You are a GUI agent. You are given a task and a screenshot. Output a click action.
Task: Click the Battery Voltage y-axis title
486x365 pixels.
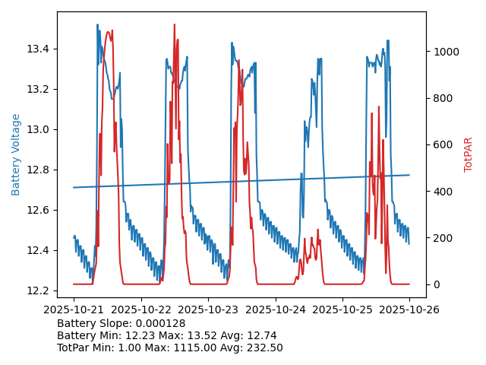click(16, 154)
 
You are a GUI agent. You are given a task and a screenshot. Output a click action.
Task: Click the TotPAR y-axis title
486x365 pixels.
click(469, 154)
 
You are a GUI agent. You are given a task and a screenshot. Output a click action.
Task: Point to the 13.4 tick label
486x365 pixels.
click(37, 49)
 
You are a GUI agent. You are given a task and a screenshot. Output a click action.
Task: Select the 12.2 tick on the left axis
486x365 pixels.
click(37, 291)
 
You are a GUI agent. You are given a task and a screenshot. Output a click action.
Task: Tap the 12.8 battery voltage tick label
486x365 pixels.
click(37, 170)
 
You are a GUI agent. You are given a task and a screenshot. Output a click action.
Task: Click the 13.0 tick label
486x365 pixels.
click(37, 130)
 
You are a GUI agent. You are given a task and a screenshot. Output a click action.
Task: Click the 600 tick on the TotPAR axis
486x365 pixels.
click(441, 144)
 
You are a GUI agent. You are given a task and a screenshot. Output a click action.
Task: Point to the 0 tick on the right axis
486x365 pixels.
click(435, 284)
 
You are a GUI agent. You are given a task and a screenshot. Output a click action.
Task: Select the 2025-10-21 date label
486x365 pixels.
click(74, 309)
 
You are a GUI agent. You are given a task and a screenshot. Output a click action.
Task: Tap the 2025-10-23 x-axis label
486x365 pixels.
click(208, 309)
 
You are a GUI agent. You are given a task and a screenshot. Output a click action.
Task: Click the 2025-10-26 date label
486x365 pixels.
click(409, 309)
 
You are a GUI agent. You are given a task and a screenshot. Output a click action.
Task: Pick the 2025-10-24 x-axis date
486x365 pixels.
click(275, 309)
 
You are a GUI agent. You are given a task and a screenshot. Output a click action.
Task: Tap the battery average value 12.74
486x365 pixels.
click(261, 335)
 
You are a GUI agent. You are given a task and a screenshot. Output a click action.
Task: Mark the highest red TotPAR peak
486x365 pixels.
click(174, 24)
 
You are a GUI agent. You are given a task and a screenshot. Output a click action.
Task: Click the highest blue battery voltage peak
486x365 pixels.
click(97, 24)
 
